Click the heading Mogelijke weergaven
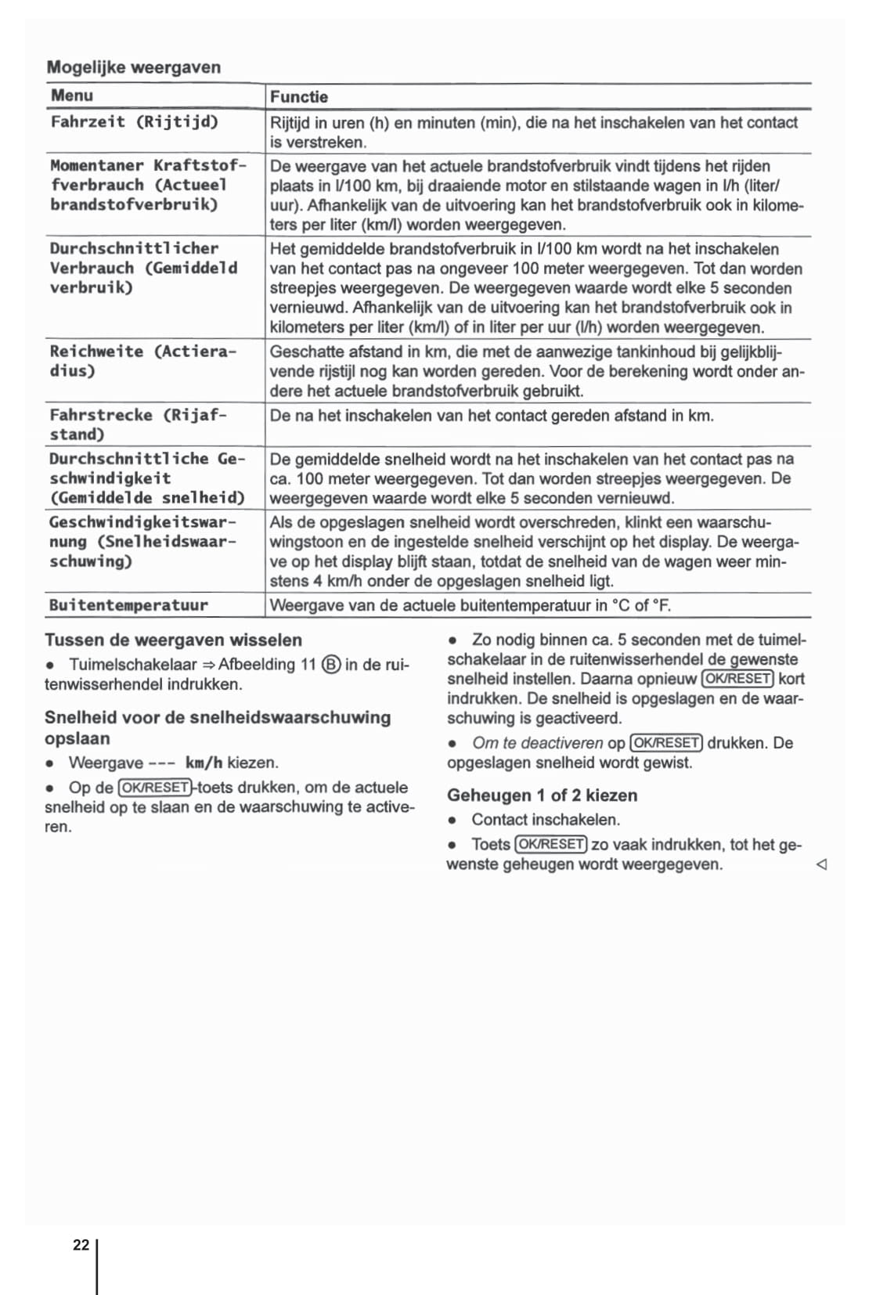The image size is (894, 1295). coord(134,67)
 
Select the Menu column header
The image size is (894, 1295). coord(72,96)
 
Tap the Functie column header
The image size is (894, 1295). coord(299,97)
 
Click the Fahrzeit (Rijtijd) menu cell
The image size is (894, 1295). coord(135,121)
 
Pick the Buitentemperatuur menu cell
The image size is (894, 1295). coord(129,605)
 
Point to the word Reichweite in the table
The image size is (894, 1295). coord(96,352)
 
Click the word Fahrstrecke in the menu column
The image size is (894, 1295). coord(101,415)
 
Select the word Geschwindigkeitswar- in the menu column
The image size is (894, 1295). coord(142,522)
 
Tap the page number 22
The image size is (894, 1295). coord(81,1245)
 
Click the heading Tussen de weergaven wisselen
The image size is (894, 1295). coord(173,640)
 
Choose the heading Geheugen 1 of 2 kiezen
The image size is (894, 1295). coord(542,795)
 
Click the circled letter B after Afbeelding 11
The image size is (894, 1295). coord(331,666)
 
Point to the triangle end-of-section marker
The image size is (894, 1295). coord(821,865)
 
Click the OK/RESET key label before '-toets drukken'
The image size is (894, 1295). coord(154,788)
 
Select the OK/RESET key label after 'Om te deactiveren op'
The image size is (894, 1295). coord(666,743)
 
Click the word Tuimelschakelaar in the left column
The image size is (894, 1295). coord(132,665)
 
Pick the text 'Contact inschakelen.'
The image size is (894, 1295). coord(546,820)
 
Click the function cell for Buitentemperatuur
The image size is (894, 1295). coord(470,605)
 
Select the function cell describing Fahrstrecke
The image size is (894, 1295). coord(492,416)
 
